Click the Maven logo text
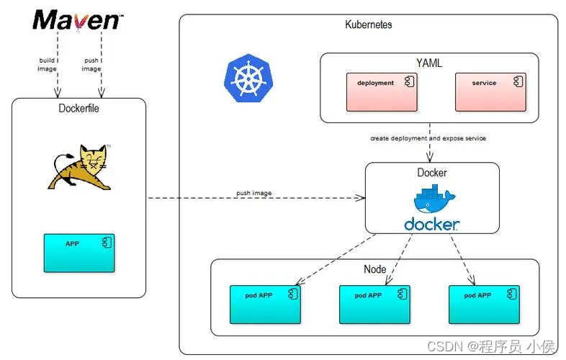pos(76,19)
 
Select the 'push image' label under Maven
pos(91,64)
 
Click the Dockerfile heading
pos(79,109)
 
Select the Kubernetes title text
pos(369,24)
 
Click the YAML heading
pos(429,63)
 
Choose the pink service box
pos(490,91)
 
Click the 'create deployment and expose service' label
pos(428,138)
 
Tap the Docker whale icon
pos(431,199)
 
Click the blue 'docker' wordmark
pos(431,224)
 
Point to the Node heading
pos(375,269)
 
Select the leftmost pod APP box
pos(265,303)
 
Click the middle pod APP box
pos(374,303)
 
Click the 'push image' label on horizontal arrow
pos(253,193)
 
